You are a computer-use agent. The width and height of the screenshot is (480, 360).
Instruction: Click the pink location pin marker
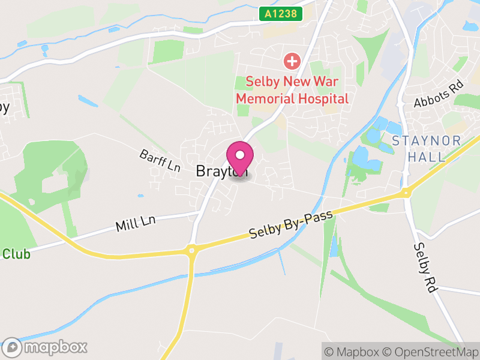[240, 157]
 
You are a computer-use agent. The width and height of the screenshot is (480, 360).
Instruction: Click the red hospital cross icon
[292, 61]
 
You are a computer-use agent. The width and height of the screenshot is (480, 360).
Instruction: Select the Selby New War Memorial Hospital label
[292, 89]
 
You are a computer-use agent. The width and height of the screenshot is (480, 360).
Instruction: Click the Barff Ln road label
[160, 161]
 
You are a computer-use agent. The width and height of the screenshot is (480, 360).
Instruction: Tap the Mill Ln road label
[136, 224]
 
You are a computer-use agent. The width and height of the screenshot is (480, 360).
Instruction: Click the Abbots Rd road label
[439, 94]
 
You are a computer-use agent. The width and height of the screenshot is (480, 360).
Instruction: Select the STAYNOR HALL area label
[427, 149]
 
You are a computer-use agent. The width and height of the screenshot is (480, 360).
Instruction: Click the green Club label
[16, 254]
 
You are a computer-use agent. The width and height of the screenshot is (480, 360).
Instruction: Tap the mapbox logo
[45, 347]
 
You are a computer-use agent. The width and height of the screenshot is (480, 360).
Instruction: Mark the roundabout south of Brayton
[192, 249]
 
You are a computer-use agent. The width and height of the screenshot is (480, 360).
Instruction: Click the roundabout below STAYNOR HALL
[407, 193]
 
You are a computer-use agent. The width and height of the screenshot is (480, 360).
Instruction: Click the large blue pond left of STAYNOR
[365, 158]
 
